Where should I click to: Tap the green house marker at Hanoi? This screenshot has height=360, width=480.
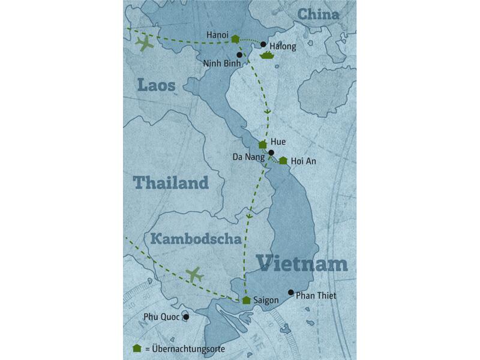coord(235,39)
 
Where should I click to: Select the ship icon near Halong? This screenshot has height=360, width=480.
coord(266,56)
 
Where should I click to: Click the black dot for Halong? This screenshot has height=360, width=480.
coord(263,44)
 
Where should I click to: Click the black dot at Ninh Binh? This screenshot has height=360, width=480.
coord(239,55)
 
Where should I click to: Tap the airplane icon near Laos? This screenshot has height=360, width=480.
coord(144,44)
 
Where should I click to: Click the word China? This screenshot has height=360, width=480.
coord(318,14)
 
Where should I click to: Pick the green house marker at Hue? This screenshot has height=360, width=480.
coord(262,145)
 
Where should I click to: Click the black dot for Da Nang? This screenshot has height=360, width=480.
coord(271,152)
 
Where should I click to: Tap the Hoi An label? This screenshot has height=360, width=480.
coord(303,161)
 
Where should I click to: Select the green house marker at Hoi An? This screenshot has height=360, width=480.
coord(283,160)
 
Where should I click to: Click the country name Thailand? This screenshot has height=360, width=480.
coord(170,182)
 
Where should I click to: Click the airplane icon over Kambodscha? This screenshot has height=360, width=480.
coord(194,275)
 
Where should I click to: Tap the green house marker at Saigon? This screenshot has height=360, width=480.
coord(246,300)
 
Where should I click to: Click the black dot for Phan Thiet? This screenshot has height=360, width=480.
coord(291,293)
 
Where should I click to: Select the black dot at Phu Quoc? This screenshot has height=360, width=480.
coord(186,317)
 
